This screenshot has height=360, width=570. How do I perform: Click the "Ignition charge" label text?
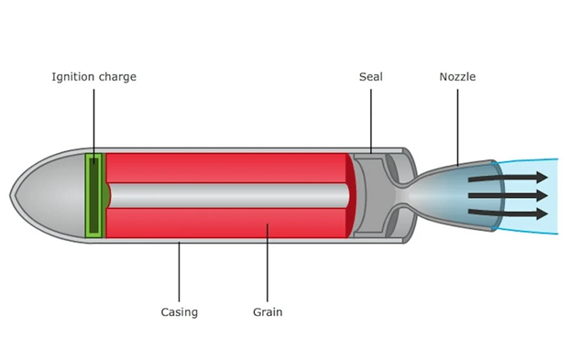click(93, 77)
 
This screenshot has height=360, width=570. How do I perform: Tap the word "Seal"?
click(371, 77)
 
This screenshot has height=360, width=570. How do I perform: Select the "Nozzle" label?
click(457, 77)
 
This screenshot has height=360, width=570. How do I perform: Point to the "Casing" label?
click(180, 312)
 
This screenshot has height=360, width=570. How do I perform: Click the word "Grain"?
click(268, 312)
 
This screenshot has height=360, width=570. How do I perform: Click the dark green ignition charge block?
click(93, 195)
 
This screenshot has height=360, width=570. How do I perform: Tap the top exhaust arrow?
click(508, 178)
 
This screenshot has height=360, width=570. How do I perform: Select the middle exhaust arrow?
click(508, 195)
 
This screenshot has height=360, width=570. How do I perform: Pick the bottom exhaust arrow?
click(508, 213)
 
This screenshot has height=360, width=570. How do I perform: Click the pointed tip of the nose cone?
click(10, 195)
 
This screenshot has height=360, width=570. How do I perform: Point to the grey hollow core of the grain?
click(229, 195)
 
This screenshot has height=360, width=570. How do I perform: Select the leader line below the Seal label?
click(371, 121)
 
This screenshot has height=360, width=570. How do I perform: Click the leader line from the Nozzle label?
click(457, 127)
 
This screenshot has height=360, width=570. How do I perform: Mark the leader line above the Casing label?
click(179, 272)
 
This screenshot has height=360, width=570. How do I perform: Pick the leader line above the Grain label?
click(268, 263)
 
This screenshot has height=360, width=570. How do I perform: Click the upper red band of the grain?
click(225, 168)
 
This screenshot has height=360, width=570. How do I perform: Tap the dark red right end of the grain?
click(351, 195)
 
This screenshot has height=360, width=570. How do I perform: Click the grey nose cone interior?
click(51, 195)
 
